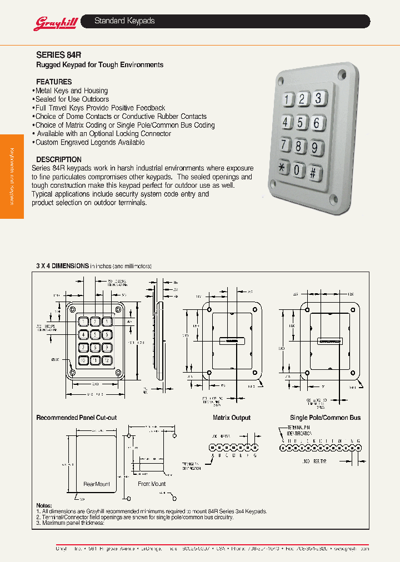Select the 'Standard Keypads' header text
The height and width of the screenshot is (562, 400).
(124, 21)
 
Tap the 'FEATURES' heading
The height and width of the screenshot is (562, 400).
(54, 82)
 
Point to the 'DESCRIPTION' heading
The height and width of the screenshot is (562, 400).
(59, 159)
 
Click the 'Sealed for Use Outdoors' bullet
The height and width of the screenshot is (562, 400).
(72, 99)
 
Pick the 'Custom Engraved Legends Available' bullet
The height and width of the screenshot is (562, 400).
(89, 143)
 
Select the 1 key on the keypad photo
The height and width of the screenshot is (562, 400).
(288, 100)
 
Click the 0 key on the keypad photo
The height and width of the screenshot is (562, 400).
(299, 170)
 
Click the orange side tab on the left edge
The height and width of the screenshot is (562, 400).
(12, 177)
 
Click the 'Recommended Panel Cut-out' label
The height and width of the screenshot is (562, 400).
(76, 418)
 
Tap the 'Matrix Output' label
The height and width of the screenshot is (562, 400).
(232, 418)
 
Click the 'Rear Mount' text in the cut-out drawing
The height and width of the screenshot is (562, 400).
(97, 484)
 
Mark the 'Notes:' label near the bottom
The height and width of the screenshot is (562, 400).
(44, 505)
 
